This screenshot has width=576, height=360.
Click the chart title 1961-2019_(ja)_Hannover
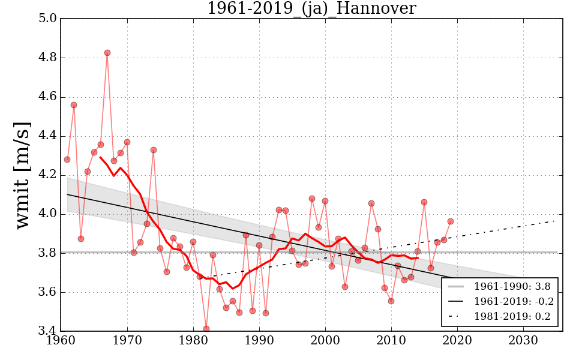point(311,8)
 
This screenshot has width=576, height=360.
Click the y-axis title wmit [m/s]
point(23,175)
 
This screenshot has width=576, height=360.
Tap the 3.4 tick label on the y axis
point(48,331)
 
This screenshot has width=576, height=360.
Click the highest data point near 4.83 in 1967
point(107,53)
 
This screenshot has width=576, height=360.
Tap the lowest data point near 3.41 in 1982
point(206,329)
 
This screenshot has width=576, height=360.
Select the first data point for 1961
point(67,160)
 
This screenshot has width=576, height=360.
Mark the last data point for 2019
point(451,221)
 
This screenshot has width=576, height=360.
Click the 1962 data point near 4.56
point(74,105)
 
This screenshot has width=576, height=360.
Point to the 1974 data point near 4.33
point(154,150)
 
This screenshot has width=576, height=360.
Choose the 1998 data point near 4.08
point(312,199)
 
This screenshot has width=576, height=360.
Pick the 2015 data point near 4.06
point(424,202)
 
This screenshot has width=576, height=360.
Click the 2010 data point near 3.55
point(391,301)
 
